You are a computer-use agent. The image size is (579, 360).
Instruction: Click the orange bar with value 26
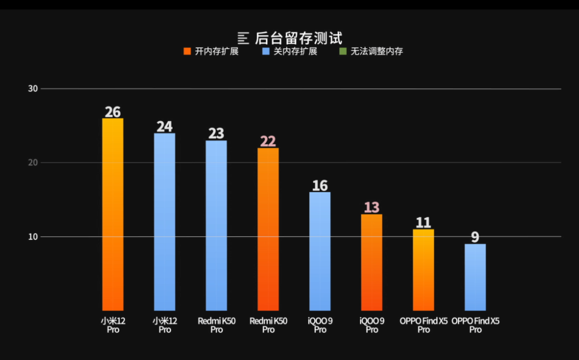click(113, 214)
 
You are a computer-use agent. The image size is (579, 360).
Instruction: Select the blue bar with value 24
click(165, 222)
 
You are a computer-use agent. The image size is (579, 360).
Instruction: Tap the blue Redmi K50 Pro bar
click(216, 226)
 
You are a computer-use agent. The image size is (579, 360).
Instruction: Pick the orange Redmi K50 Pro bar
click(268, 229)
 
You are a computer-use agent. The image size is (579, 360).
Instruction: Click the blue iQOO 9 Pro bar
click(320, 251)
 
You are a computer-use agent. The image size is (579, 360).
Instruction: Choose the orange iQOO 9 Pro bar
click(372, 262)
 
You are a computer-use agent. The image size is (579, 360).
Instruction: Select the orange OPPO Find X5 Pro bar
click(424, 270)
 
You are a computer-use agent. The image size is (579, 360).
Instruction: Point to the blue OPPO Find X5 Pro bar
click(475, 277)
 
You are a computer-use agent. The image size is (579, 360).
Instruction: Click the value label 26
click(113, 112)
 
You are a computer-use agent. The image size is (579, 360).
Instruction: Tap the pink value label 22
click(268, 141)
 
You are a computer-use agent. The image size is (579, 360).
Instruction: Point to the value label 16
click(320, 186)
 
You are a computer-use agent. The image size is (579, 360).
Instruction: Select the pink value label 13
click(372, 208)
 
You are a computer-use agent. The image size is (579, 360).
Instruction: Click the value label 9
click(475, 237)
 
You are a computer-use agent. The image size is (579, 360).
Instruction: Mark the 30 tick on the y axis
click(33, 88)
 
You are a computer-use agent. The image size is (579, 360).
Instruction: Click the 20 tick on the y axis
click(33, 163)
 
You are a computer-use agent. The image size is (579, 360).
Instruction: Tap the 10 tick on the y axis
click(33, 237)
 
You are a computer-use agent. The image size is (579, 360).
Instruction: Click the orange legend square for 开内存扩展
click(187, 52)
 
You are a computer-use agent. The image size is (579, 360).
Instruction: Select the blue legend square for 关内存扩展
click(266, 52)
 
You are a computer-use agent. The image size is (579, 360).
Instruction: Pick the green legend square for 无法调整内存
click(343, 52)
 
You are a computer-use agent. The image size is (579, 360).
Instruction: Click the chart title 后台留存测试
click(299, 38)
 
